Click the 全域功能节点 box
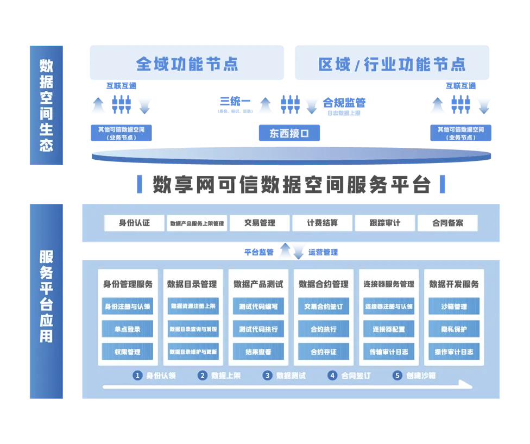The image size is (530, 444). [186, 64]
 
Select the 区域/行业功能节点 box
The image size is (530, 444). [391, 64]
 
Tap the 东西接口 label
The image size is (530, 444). [289, 133]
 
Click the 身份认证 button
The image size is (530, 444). [134, 223]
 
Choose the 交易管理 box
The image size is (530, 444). [260, 223]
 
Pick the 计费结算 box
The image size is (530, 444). [322, 223]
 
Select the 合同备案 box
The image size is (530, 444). [447, 223]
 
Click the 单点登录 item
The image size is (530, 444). [128, 329]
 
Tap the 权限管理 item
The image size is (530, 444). [128, 352]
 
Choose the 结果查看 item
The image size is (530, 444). [258, 352]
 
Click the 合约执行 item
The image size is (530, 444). [323, 329]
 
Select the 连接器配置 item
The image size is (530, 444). [388, 329]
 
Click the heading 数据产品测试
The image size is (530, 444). [258, 284]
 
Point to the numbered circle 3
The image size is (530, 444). [267, 375]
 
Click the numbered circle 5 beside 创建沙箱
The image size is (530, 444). [397, 375]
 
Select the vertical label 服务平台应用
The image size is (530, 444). [46, 296]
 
